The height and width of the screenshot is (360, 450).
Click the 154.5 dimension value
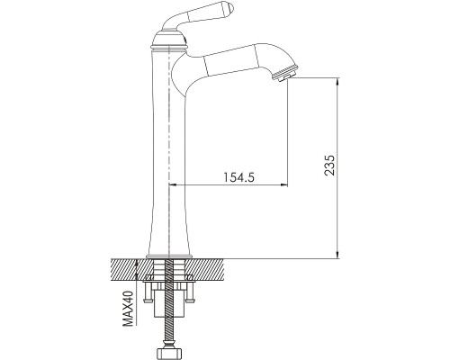pos(238,177)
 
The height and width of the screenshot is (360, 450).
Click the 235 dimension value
pos(329,166)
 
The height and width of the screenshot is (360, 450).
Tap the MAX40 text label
pos(128,309)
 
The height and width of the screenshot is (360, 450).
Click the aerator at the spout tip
pos(286,74)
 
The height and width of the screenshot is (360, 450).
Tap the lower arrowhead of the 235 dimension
pos(337,255)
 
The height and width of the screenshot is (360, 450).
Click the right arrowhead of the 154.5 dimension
pos(283,184)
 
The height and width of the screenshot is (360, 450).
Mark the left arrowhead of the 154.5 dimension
pos(174,184)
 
